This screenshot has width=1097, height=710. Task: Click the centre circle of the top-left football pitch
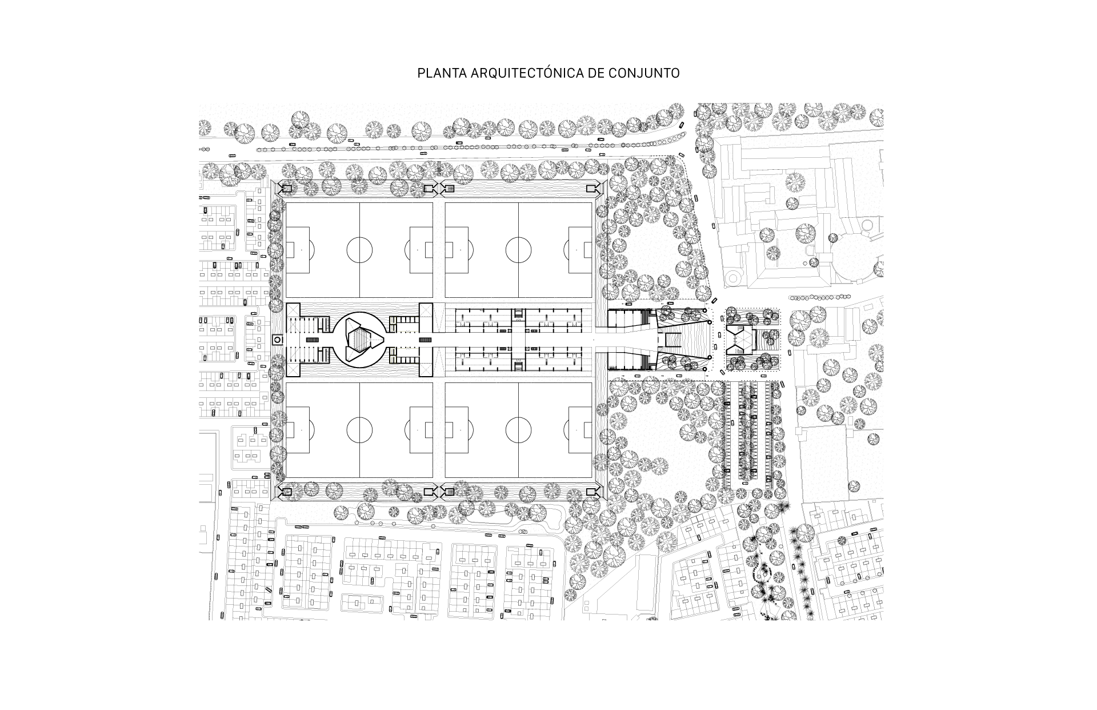(x=359, y=250)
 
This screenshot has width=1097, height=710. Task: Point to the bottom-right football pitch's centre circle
(x=518, y=430)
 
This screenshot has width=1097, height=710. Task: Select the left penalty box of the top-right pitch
(x=457, y=250)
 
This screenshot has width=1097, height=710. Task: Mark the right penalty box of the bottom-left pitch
(x=421, y=430)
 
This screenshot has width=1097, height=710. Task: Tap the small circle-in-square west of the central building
(x=277, y=340)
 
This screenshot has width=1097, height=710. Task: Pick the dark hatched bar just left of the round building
(x=313, y=340)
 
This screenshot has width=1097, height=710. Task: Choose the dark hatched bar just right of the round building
(x=426, y=340)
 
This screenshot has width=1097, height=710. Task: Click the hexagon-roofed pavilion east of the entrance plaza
(x=742, y=340)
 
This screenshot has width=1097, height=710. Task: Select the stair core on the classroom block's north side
(x=518, y=313)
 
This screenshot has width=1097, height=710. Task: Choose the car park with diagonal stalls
(x=750, y=434)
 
